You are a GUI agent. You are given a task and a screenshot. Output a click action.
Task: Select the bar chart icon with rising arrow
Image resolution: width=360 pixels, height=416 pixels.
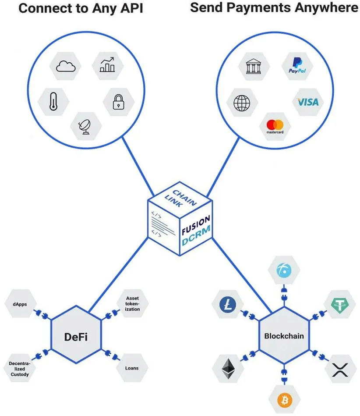pyautogui.click(x=108, y=65)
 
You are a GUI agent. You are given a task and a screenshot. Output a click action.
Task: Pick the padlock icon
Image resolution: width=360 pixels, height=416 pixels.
pyautogui.click(x=118, y=102)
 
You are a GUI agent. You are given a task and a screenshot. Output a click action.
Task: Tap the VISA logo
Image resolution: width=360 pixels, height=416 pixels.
pyautogui.click(x=308, y=102)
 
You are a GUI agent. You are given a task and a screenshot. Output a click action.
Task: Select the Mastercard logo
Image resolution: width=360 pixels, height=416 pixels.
pyautogui.click(x=275, y=126)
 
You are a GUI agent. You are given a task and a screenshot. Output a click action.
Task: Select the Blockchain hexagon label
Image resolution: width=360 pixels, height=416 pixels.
pyautogui.click(x=284, y=337)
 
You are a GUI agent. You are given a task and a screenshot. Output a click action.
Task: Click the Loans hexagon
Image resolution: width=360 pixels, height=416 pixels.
pyautogui.click(x=132, y=368)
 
